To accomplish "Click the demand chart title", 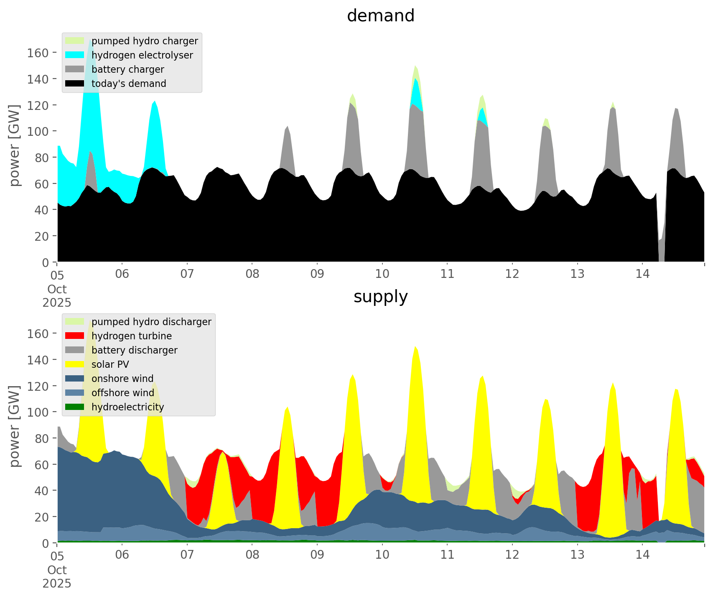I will [x=380, y=16].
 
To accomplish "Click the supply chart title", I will [x=380, y=297].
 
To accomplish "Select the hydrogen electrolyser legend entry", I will [x=142, y=55].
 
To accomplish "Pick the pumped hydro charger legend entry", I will [x=144, y=41].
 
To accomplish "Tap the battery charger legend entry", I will [x=127, y=69].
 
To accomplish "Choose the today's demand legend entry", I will [x=128, y=84].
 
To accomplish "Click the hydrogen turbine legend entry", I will [x=131, y=336].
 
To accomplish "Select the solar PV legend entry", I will [x=110, y=364].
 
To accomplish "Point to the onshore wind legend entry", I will [x=122, y=379].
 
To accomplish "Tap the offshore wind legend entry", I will [x=122, y=393].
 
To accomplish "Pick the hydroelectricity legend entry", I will [x=127, y=407].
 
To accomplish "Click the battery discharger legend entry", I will [x=134, y=350].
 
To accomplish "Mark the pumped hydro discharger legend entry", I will [x=151, y=322].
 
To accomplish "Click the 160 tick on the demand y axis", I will [x=38, y=53].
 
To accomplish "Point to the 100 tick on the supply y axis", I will [x=38, y=412].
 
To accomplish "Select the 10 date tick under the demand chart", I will [x=382, y=275].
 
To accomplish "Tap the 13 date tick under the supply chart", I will [x=577, y=555].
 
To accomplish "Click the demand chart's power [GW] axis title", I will [x=15, y=145].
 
